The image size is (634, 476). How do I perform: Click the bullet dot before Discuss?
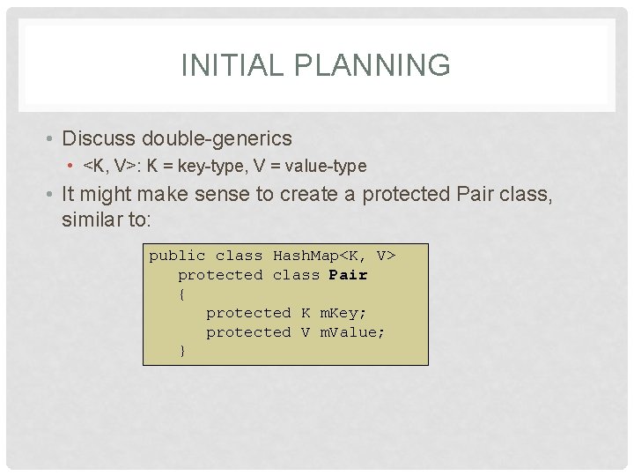(52, 139)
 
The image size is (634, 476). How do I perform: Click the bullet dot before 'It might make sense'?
(52, 195)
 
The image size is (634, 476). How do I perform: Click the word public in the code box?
(177, 256)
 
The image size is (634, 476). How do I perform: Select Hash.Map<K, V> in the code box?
(334, 256)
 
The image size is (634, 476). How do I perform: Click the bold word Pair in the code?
(348, 275)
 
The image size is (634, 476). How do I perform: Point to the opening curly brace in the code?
(182, 294)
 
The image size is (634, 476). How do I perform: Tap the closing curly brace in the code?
(182, 351)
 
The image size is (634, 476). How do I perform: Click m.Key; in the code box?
(343, 313)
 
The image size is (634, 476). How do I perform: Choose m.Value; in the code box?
(352, 332)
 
